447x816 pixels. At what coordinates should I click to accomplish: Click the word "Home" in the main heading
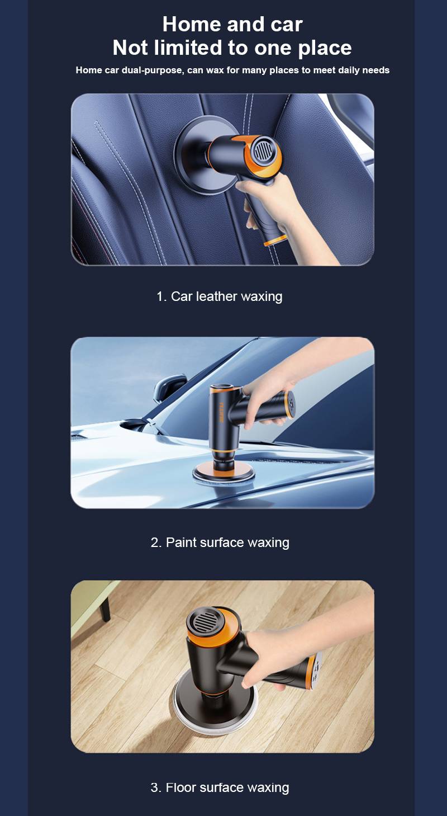click(192, 24)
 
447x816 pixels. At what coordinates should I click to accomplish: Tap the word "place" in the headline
click(325, 49)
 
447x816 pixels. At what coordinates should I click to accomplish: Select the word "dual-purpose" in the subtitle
click(152, 70)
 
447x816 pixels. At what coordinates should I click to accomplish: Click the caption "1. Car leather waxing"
click(220, 296)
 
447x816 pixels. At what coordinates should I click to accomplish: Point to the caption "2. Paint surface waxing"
click(220, 543)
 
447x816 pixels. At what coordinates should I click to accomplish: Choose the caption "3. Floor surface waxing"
click(220, 787)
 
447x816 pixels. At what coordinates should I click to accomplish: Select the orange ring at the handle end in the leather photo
click(275, 240)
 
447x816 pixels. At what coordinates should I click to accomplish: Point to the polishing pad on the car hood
click(223, 474)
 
